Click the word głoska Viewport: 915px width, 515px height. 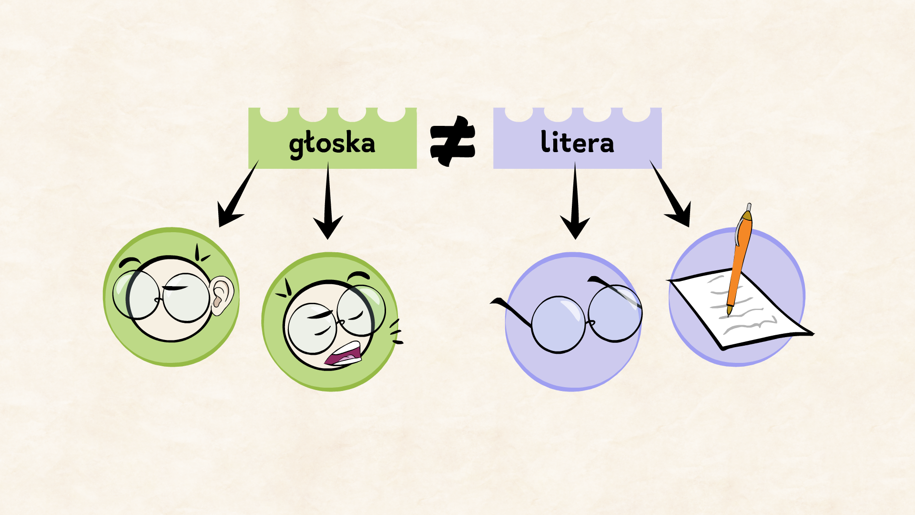pos(332,143)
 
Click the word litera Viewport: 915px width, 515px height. pos(577,142)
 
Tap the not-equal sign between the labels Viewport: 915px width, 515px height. pos(452,141)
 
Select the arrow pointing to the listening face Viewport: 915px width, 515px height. pos(236,197)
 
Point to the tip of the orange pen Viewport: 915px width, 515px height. pos(729,313)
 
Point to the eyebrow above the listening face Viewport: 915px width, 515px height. pos(129,262)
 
